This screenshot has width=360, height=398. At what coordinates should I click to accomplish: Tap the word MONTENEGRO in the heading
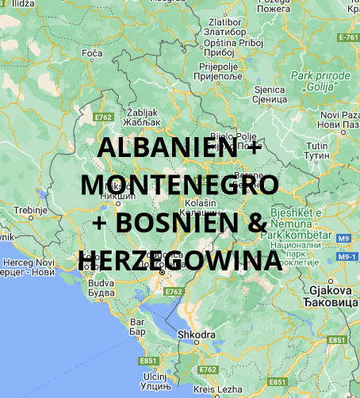(180, 186)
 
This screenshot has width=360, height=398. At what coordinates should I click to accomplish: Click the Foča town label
(91, 54)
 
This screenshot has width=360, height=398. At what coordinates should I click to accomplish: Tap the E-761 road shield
(347, 37)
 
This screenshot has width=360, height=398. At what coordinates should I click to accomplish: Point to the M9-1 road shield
(346, 258)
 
